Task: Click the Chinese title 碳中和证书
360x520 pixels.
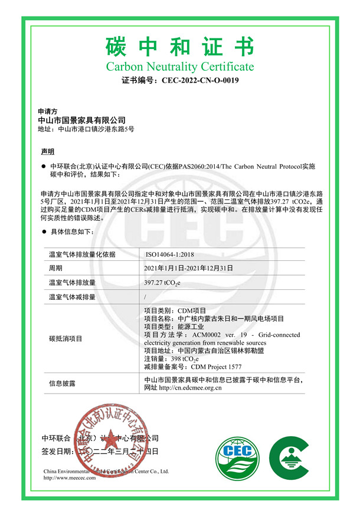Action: click(x=179, y=46)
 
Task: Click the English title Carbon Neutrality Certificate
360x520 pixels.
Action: click(x=179, y=67)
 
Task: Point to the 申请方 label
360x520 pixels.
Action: click(x=47, y=110)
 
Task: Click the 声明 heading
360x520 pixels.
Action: click(x=48, y=152)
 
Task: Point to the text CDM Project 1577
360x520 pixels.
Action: click(x=198, y=367)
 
